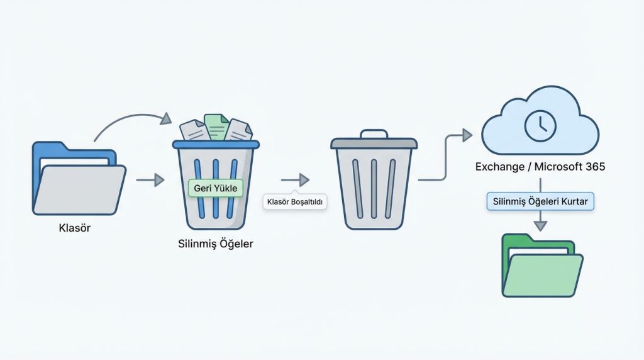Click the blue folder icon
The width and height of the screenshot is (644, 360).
click(x=79, y=179)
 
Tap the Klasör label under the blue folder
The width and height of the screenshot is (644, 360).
click(x=74, y=228)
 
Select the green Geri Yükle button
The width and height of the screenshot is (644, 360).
click(x=216, y=188)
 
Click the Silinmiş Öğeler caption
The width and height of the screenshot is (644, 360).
click(x=216, y=244)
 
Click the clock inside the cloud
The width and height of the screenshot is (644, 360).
click(x=540, y=125)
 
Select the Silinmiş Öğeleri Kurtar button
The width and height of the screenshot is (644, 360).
click(x=541, y=202)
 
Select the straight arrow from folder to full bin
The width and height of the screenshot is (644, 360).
click(x=150, y=181)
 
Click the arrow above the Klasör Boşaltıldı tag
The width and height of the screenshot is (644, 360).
click(x=295, y=181)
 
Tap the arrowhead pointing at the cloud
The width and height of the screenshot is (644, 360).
click(x=467, y=134)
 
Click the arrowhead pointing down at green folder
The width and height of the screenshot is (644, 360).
click(x=540, y=224)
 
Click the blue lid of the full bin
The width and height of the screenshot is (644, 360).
click(x=216, y=144)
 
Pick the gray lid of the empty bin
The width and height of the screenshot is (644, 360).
click(x=374, y=143)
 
